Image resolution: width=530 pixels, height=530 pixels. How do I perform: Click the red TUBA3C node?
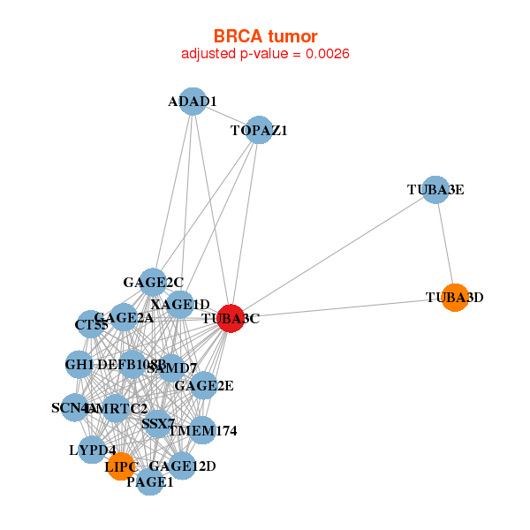(230, 318)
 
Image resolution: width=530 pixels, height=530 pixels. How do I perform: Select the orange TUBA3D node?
(454, 298)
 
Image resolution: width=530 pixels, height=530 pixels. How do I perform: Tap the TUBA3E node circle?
(435, 190)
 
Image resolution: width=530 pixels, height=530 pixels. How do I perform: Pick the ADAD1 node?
(193, 102)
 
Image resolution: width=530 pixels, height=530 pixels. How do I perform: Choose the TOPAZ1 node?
(258, 131)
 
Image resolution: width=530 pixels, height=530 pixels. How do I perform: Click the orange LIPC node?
(121, 465)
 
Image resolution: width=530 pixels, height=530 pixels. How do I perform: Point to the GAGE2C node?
(154, 283)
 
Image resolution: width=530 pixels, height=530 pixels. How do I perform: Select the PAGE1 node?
(150, 481)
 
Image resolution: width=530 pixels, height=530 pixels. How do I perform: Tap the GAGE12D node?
(181, 466)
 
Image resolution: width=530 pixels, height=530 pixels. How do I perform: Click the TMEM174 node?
(202, 430)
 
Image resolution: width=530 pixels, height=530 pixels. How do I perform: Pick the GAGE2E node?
(203, 385)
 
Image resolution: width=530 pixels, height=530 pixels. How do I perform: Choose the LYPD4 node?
(93, 450)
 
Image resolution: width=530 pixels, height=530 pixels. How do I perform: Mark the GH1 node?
(79, 364)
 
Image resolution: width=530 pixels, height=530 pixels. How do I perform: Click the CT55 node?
(91, 325)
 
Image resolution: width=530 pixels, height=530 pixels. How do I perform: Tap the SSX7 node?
(157, 424)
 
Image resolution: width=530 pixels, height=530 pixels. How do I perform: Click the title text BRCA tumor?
(265, 36)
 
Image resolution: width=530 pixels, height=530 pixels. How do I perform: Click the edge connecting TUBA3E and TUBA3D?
(444, 244)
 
